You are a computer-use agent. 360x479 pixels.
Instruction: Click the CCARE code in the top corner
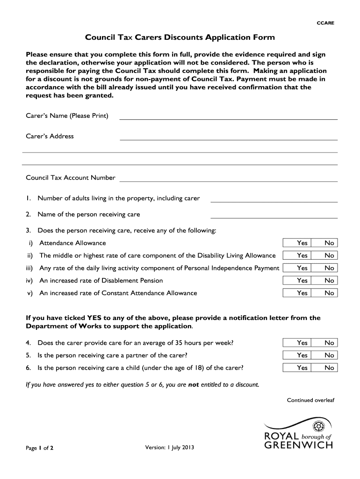(326, 23)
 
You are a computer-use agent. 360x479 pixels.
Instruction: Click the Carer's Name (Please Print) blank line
(228, 116)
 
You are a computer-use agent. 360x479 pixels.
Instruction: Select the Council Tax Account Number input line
(228, 178)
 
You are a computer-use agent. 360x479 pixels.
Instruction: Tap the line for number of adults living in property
(274, 199)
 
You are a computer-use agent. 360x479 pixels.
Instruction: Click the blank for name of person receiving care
(274, 215)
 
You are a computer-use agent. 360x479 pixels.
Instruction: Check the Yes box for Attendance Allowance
(302, 243)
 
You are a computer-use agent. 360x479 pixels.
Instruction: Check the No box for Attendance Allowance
(329, 243)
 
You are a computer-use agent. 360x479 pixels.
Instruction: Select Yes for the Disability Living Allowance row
(302, 255)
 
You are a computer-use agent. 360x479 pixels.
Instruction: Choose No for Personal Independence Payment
(329, 268)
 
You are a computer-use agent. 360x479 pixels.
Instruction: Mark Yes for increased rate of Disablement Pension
(302, 281)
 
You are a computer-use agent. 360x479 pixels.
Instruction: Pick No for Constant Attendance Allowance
(329, 293)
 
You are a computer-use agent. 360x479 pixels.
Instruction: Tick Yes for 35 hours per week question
(302, 343)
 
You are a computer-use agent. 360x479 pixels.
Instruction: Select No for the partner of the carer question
(329, 356)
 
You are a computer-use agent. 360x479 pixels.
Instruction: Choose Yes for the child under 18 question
(302, 368)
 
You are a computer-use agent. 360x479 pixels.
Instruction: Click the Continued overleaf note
(310, 400)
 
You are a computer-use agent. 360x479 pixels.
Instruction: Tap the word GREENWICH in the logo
(299, 445)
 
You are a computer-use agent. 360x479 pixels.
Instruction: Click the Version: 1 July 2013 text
(169, 447)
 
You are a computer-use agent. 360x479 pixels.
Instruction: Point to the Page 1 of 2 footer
(40, 448)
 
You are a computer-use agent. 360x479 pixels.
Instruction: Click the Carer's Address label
(50, 136)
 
